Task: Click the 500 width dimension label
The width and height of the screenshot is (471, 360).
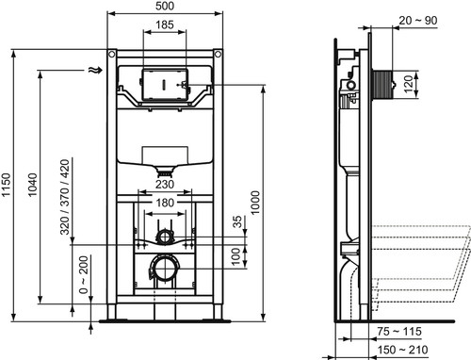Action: (165, 6)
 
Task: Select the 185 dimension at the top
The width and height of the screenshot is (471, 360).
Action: (165, 25)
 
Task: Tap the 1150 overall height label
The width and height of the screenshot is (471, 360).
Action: (6, 185)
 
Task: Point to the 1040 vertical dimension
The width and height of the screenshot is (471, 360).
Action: (32, 185)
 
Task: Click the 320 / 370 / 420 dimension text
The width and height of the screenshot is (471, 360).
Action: (65, 197)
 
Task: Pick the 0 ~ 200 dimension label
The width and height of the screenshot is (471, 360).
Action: (84, 275)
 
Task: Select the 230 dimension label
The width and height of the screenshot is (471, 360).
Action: (165, 185)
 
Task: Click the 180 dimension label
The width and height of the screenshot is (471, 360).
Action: (165, 203)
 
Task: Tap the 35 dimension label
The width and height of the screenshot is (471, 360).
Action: (237, 221)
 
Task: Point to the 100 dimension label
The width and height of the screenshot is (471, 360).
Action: (235, 256)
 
